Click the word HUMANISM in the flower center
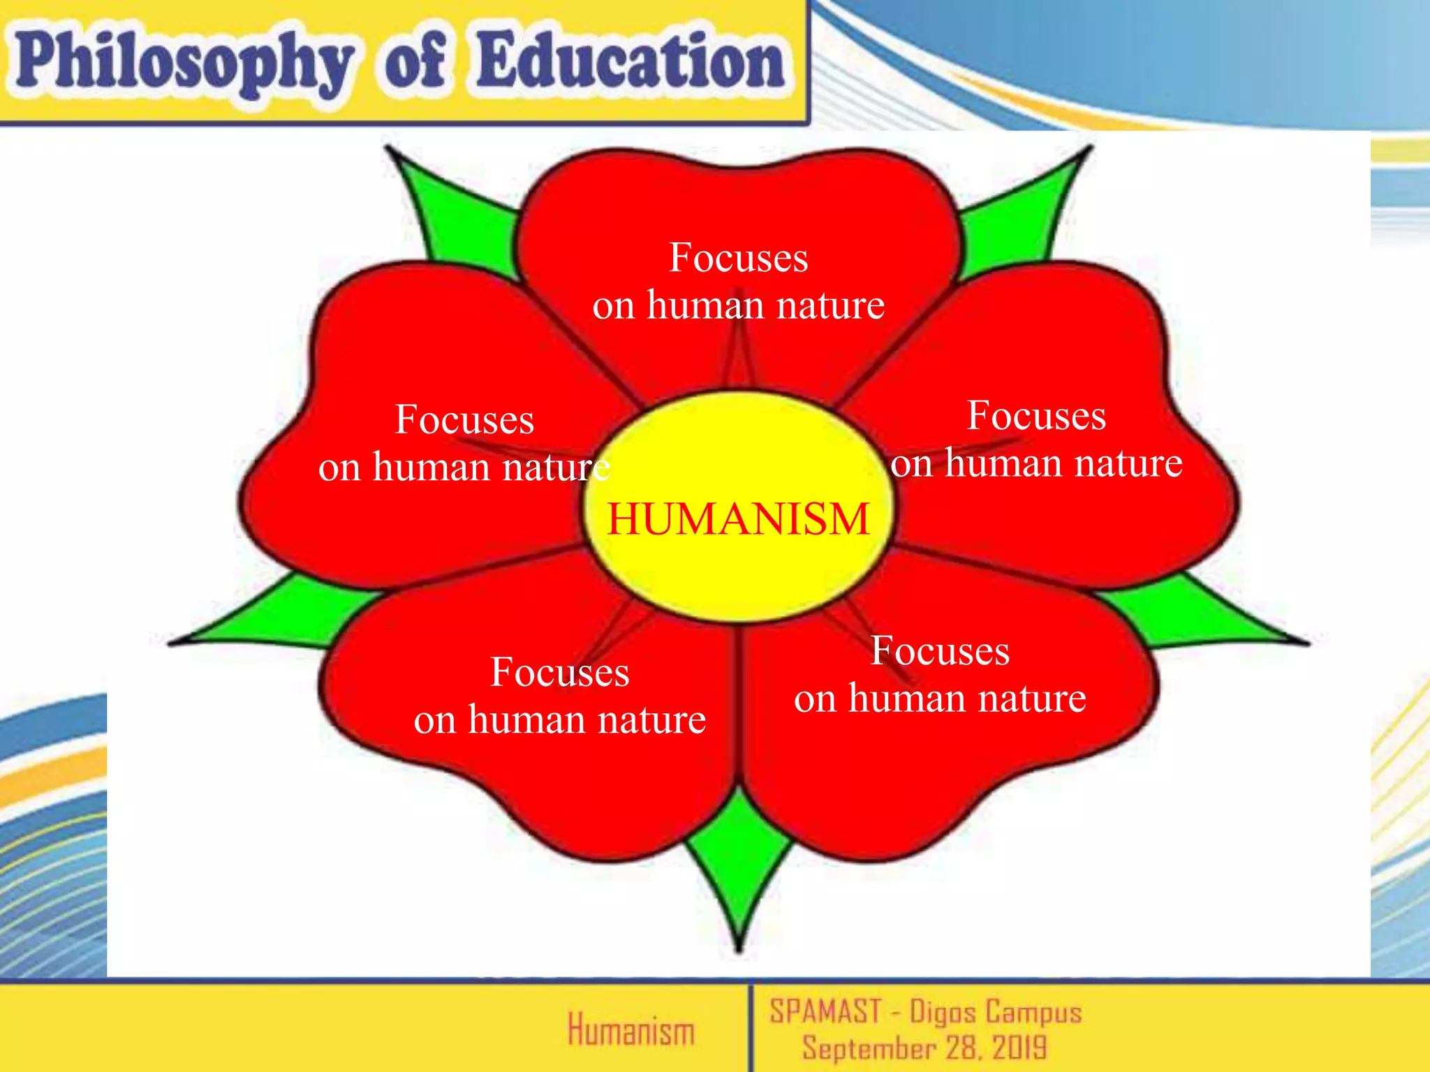(738, 519)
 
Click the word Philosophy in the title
(183, 64)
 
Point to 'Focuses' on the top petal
(738, 258)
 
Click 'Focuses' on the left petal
(464, 419)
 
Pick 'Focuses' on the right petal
(1036, 416)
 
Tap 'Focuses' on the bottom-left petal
(559, 672)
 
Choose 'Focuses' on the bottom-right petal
(940, 651)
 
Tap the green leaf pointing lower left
(279, 614)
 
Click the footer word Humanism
(631, 1031)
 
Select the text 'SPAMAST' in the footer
(825, 1012)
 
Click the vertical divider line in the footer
(751, 1026)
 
